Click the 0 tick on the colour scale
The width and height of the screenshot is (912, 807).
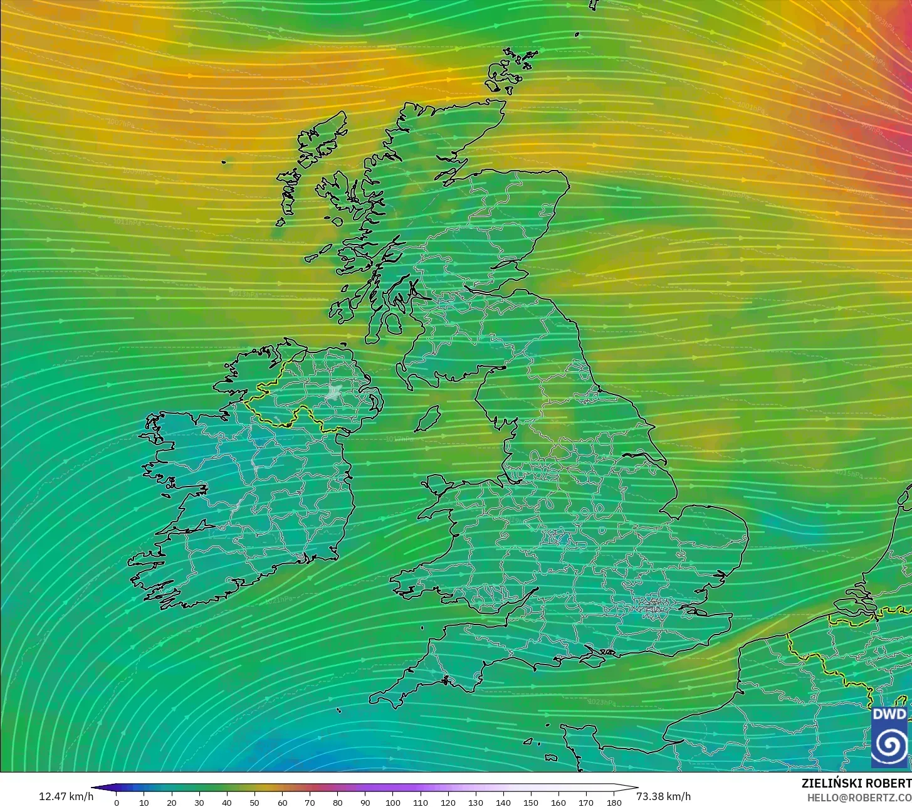117,802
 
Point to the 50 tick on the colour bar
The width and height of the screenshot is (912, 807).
254,802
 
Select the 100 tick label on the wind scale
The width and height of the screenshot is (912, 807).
393,802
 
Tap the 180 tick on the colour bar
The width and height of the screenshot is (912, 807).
614,802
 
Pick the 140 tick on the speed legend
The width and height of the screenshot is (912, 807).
503,802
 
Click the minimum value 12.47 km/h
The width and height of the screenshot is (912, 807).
66,796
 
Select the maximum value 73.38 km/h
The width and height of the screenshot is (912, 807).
663,796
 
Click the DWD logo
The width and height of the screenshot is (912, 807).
889,737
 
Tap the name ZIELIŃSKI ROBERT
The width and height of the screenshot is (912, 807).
856,783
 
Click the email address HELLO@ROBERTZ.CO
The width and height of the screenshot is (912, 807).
859,797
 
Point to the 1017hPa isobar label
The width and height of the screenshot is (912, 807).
400,439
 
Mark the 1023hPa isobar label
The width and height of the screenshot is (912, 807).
602,702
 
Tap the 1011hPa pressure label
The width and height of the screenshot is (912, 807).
127,222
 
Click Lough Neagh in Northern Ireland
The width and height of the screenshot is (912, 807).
334,393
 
